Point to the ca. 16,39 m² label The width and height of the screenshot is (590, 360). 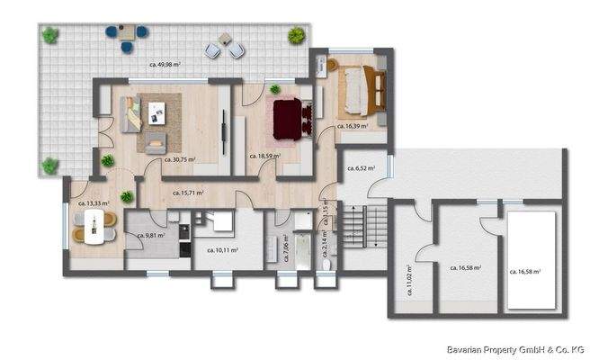click(x=353, y=126)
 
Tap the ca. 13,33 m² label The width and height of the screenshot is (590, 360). click(x=94, y=203)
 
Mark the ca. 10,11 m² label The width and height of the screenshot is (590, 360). click(x=222, y=249)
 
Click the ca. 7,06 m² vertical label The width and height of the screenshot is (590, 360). click(x=286, y=247)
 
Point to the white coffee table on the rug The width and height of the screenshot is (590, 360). click(x=159, y=112)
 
